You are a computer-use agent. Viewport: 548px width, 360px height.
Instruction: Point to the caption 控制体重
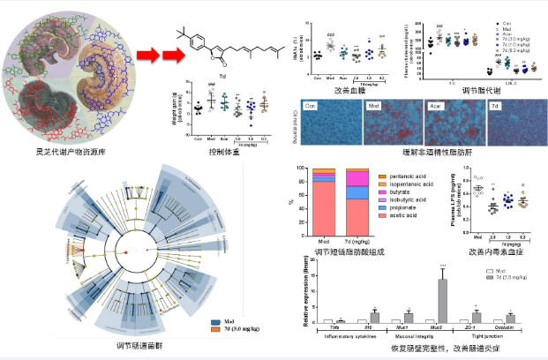pyautogui.click(x=225, y=152)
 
